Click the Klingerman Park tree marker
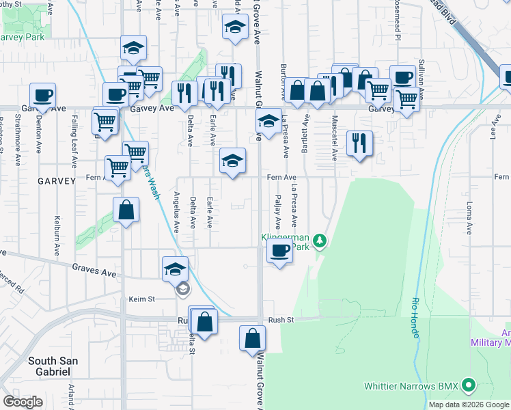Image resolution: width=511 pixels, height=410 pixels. tap(319, 241)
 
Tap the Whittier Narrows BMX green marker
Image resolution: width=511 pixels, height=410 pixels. tap(469, 386)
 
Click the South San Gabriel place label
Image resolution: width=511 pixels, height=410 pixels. tap(53, 366)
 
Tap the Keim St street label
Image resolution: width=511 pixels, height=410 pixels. tap(142, 299)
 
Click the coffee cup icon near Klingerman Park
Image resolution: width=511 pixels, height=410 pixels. tap(279, 251)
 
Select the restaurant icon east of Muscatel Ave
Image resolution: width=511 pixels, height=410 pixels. tap(359, 143)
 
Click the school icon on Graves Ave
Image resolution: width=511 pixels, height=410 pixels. tap(176, 269)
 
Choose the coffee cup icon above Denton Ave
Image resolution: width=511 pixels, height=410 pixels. tap(42, 95)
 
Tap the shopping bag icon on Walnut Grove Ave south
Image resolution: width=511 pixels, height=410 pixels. tap(253, 338)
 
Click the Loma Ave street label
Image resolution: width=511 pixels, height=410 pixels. tap(469, 218)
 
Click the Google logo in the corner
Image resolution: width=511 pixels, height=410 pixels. tap(23, 402)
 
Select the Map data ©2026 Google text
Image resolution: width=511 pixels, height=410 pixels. tap(469, 405)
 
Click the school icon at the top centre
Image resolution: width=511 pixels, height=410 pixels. tap(234, 28)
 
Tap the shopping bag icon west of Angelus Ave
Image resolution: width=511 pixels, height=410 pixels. tap(126, 210)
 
